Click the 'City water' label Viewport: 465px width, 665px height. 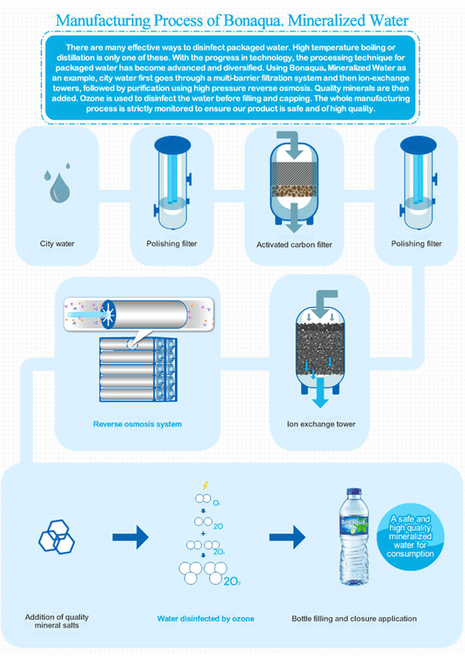[x=57, y=243]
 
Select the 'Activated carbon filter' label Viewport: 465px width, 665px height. [x=294, y=245]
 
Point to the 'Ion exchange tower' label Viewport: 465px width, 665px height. [x=321, y=424]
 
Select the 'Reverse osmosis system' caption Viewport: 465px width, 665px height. [x=138, y=424]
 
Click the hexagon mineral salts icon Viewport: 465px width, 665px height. [x=56, y=532]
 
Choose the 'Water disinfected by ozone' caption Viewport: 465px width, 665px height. [x=205, y=618]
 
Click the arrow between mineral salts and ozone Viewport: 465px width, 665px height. [x=130, y=535]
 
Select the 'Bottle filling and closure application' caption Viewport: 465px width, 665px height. [x=354, y=618]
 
